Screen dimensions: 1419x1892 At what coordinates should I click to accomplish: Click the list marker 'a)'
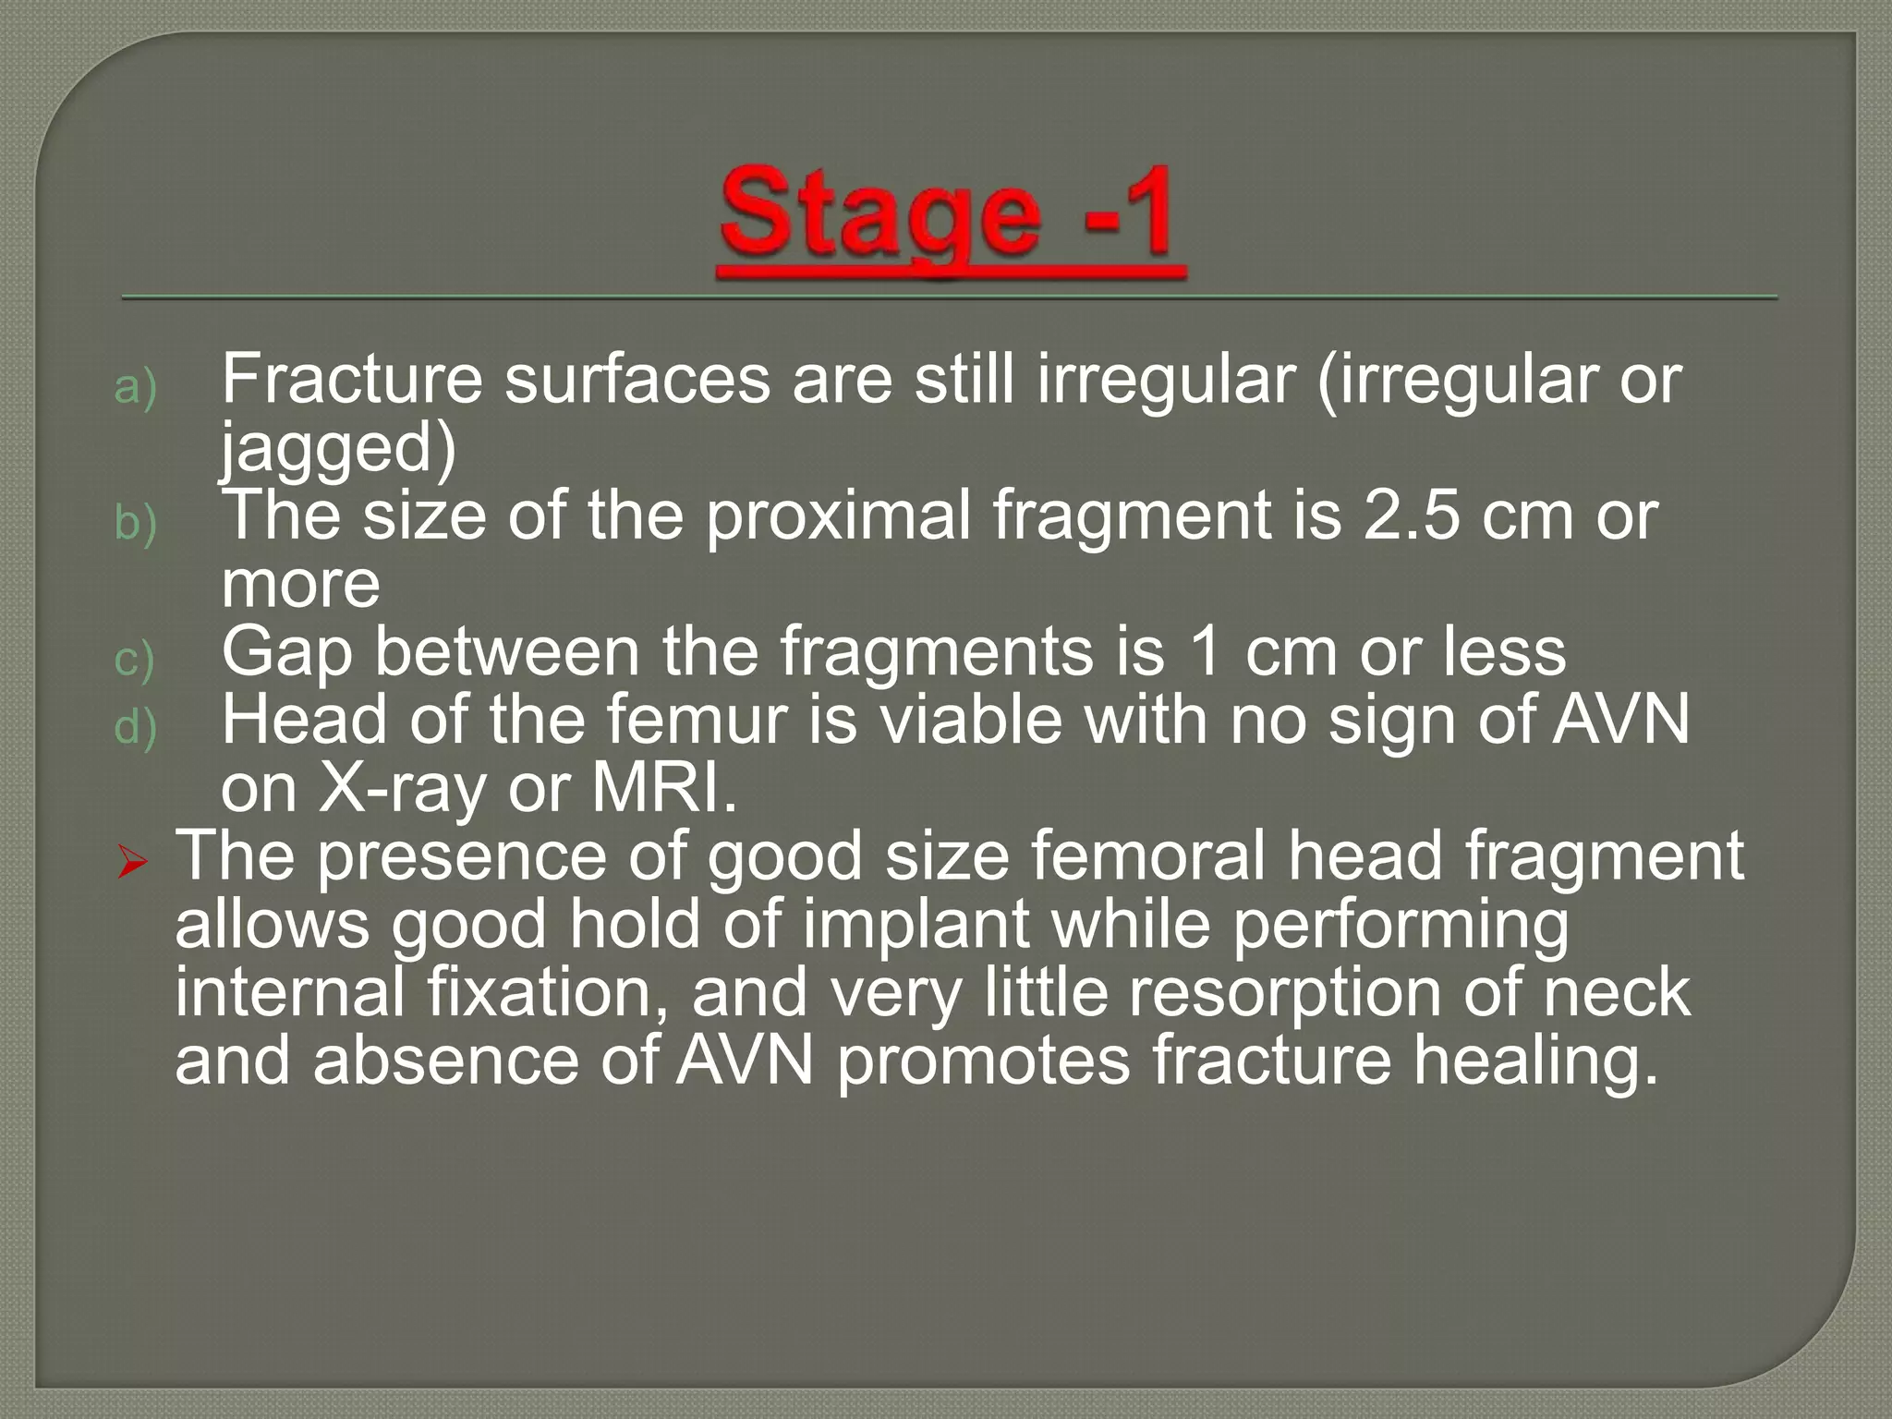tap(135, 387)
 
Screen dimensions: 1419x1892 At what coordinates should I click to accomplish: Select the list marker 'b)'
tap(135, 524)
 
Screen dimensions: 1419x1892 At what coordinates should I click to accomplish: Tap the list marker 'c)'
tap(135, 660)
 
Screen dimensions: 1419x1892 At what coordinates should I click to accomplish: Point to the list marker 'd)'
tap(135, 728)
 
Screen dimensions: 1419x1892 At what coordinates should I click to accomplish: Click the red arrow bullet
tap(133, 864)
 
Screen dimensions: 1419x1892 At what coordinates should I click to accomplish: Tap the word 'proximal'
tap(839, 515)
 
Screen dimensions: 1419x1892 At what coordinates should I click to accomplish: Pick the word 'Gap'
tap(287, 652)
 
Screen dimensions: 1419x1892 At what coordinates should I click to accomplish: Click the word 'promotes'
tap(983, 1061)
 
